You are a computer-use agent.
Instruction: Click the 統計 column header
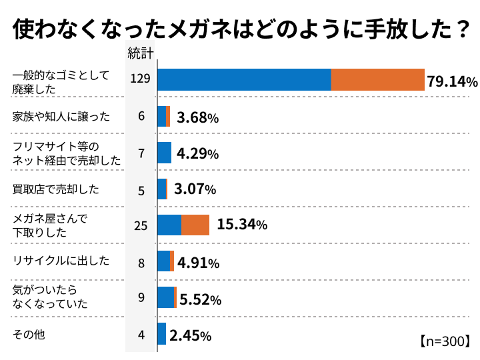click(141, 54)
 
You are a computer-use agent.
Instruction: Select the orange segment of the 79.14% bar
click(377, 80)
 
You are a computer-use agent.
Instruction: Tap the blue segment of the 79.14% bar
click(244, 80)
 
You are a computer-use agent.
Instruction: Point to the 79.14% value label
click(452, 82)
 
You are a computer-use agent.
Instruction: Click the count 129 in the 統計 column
click(141, 79)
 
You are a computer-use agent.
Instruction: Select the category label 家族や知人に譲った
click(61, 117)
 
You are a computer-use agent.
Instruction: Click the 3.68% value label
click(197, 118)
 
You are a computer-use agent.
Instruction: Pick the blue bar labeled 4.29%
click(164, 153)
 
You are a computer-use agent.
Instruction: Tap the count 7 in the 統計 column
click(141, 153)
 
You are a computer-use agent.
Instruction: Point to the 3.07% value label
click(195, 190)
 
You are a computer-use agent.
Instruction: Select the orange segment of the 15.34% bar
click(195, 225)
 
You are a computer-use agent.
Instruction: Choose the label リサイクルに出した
click(61, 261)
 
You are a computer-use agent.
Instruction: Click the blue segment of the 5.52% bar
click(165, 297)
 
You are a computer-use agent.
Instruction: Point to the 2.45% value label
click(191, 335)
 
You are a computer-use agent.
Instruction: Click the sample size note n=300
click(445, 341)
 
